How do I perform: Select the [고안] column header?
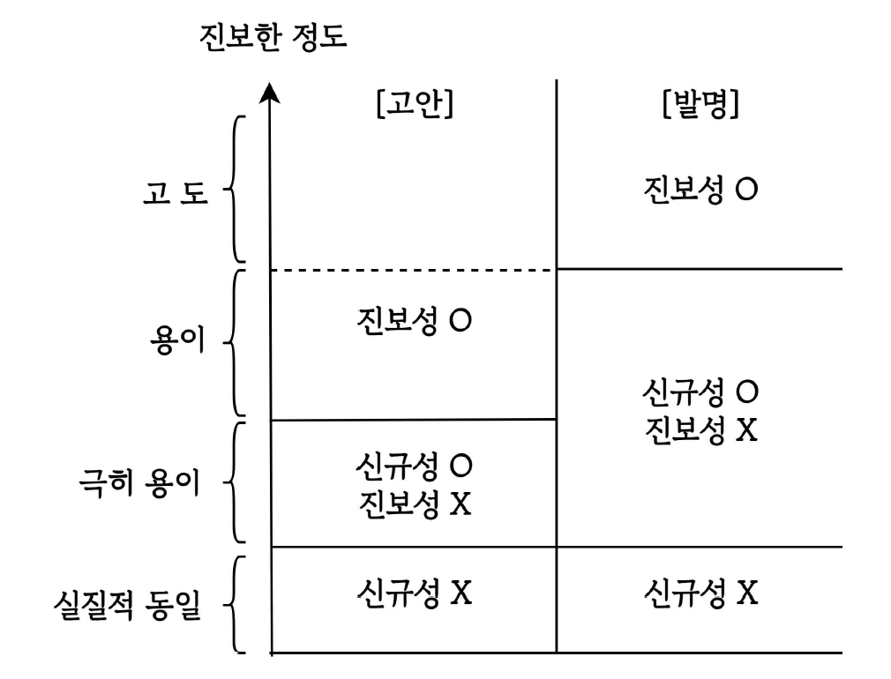point(414,106)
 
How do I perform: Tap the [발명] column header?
point(700,106)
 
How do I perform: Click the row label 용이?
point(177,341)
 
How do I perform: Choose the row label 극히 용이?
point(140,482)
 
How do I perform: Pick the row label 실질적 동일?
point(125,608)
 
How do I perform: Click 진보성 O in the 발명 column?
point(700,190)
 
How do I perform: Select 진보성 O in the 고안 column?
point(415,321)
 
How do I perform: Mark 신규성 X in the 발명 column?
point(700,592)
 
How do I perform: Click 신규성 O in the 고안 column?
point(415,465)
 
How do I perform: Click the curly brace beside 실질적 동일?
point(233,604)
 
